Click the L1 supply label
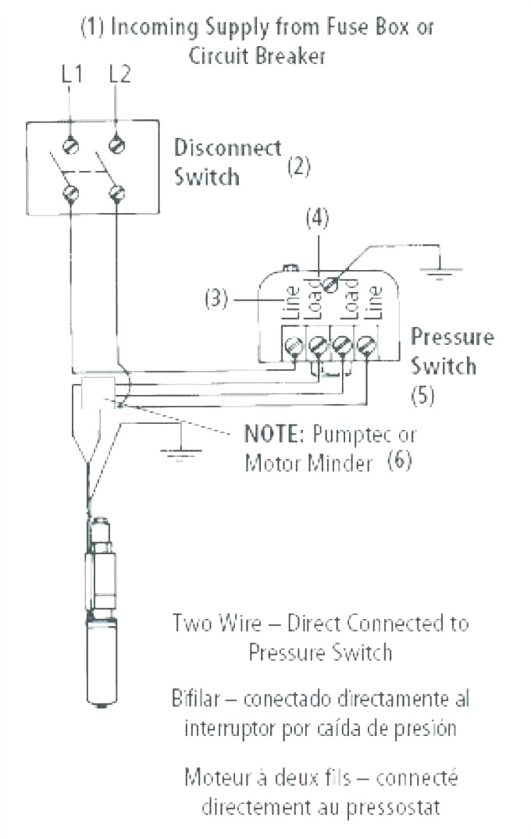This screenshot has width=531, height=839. click(72, 74)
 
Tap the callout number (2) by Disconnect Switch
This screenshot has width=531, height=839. click(300, 166)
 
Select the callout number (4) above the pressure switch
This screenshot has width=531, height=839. click(317, 219)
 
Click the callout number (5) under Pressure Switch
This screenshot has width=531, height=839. click(422, 395)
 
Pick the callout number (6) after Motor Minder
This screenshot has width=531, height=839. click(398, 461)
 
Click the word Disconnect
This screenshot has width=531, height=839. click(227, 148)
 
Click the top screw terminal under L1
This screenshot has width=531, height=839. click(71, 144)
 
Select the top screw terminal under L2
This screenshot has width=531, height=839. click(117, 144)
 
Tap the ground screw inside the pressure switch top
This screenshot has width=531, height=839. click(331, 286)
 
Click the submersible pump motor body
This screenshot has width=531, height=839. click(102, 656)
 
